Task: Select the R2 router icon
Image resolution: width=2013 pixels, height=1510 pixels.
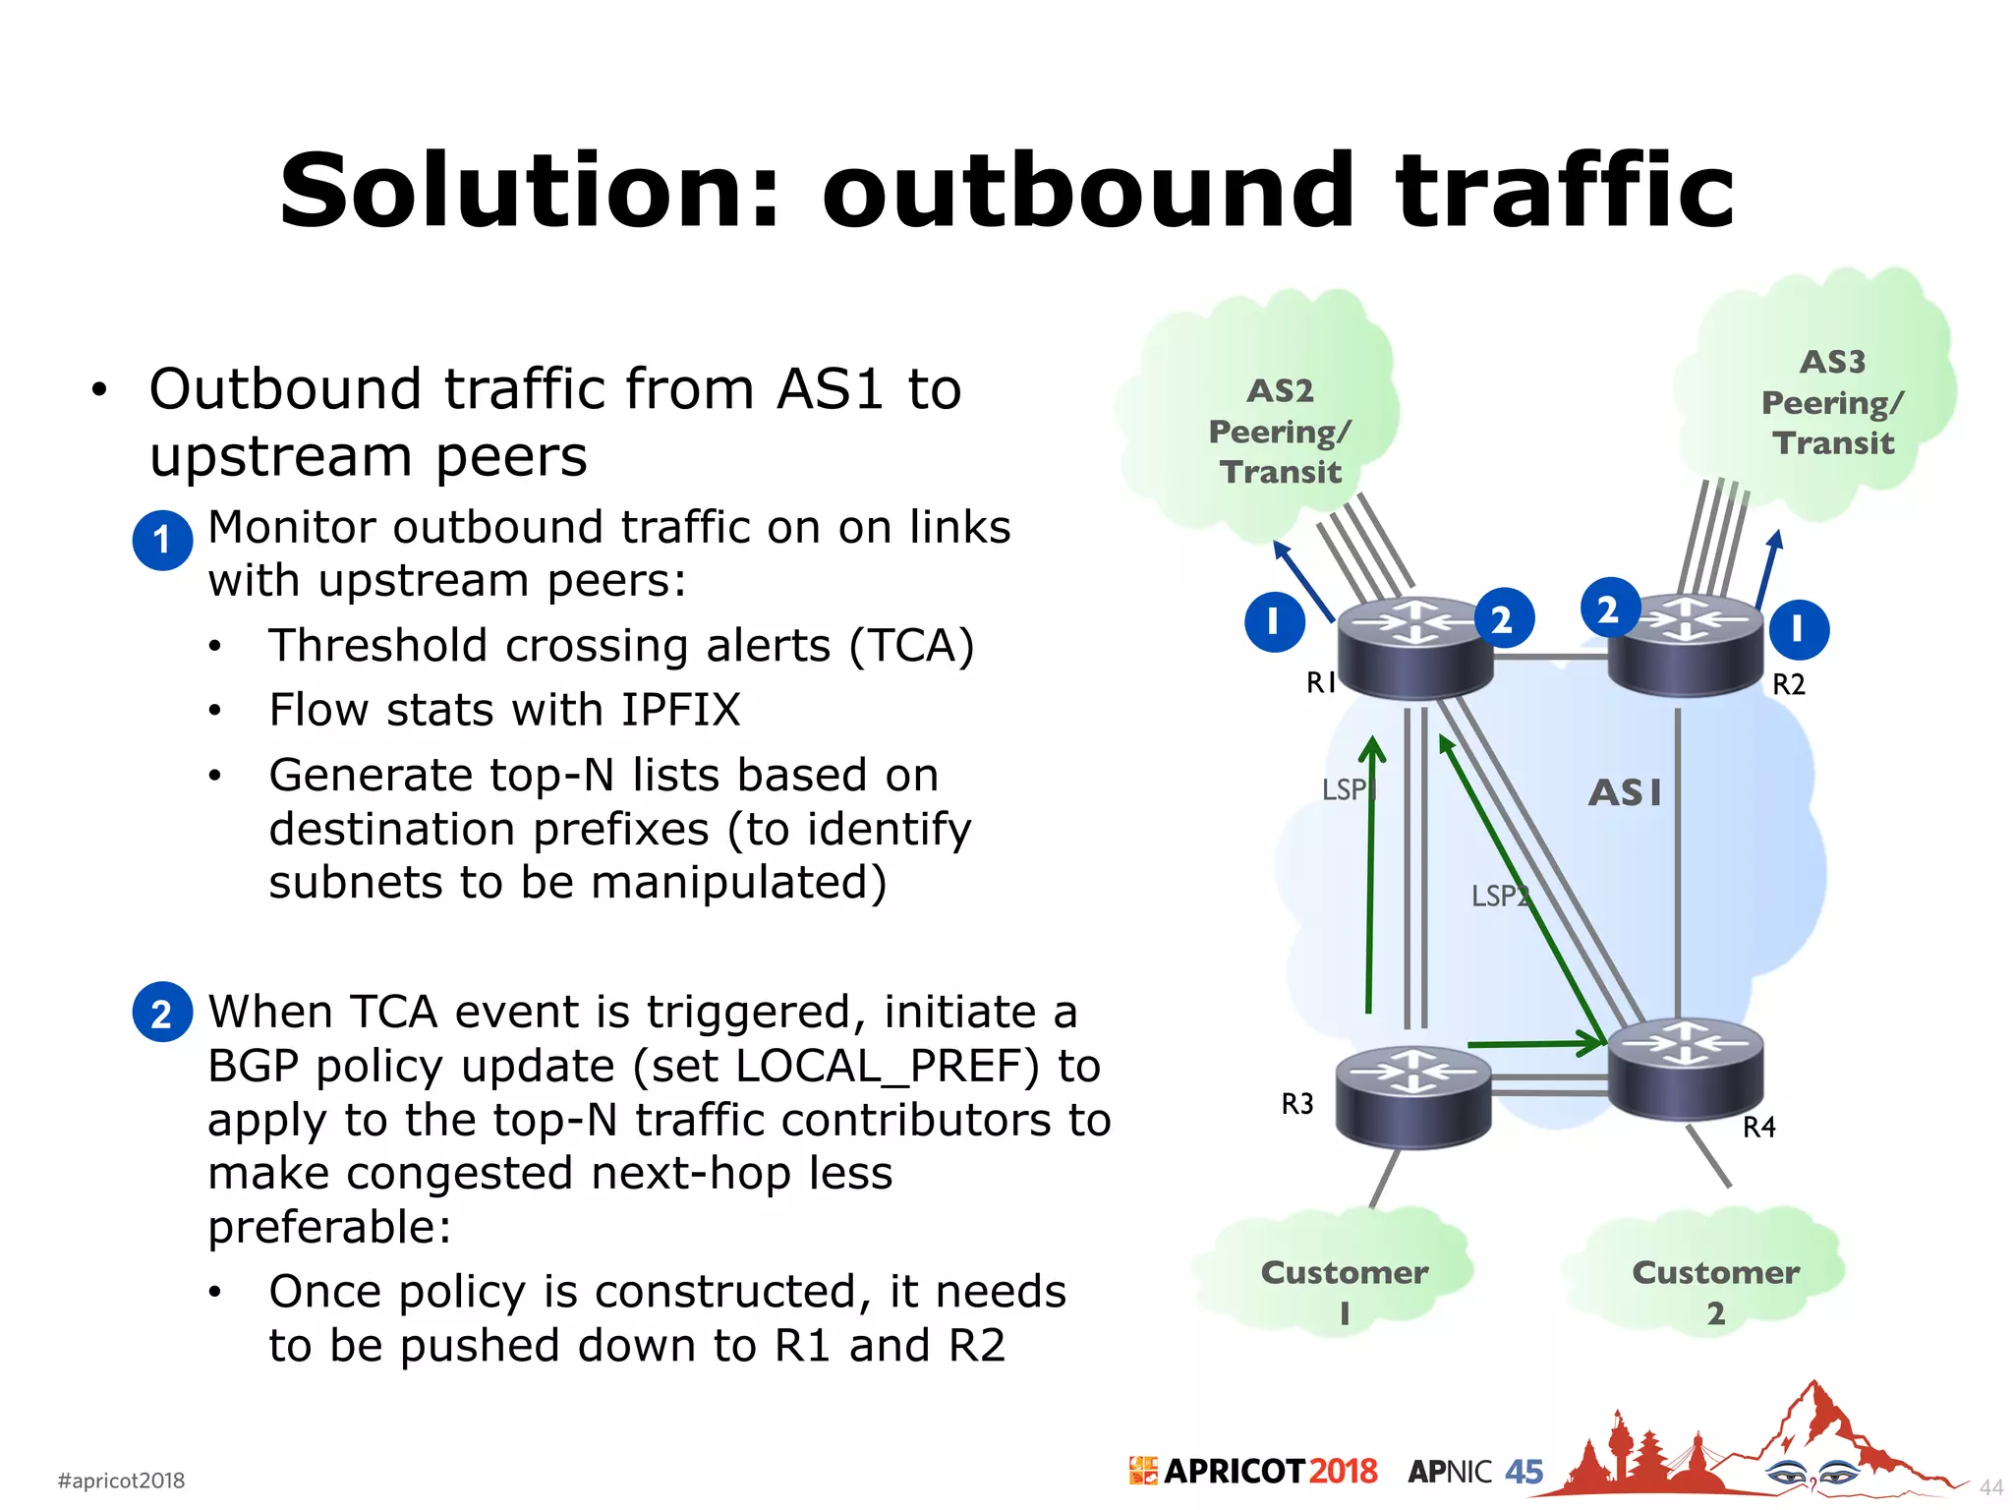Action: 1685,645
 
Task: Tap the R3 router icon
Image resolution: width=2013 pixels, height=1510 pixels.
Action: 1413,1095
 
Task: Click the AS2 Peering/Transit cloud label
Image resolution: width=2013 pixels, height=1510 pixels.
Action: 1280,432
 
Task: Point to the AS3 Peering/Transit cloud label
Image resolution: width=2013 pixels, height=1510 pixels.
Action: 1832,402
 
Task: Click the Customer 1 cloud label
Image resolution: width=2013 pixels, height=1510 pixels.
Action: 1344,1291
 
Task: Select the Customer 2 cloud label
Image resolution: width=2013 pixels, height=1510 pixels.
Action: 1715,1291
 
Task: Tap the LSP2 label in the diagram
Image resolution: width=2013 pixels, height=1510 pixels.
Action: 1499,896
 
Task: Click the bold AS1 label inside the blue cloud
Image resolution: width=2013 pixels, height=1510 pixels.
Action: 1625,792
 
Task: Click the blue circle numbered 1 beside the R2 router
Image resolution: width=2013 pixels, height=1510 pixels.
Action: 1799,629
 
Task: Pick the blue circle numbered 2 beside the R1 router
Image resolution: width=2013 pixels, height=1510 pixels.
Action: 1503,619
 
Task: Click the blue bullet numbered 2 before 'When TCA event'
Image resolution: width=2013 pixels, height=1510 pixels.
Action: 162,1013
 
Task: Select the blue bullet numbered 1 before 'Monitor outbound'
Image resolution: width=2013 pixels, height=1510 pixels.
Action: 162,540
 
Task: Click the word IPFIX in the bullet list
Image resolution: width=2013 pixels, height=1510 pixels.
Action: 681,710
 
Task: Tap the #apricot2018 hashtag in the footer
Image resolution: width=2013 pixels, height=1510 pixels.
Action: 121,1481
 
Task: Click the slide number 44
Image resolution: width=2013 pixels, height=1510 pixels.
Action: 1990,1487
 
